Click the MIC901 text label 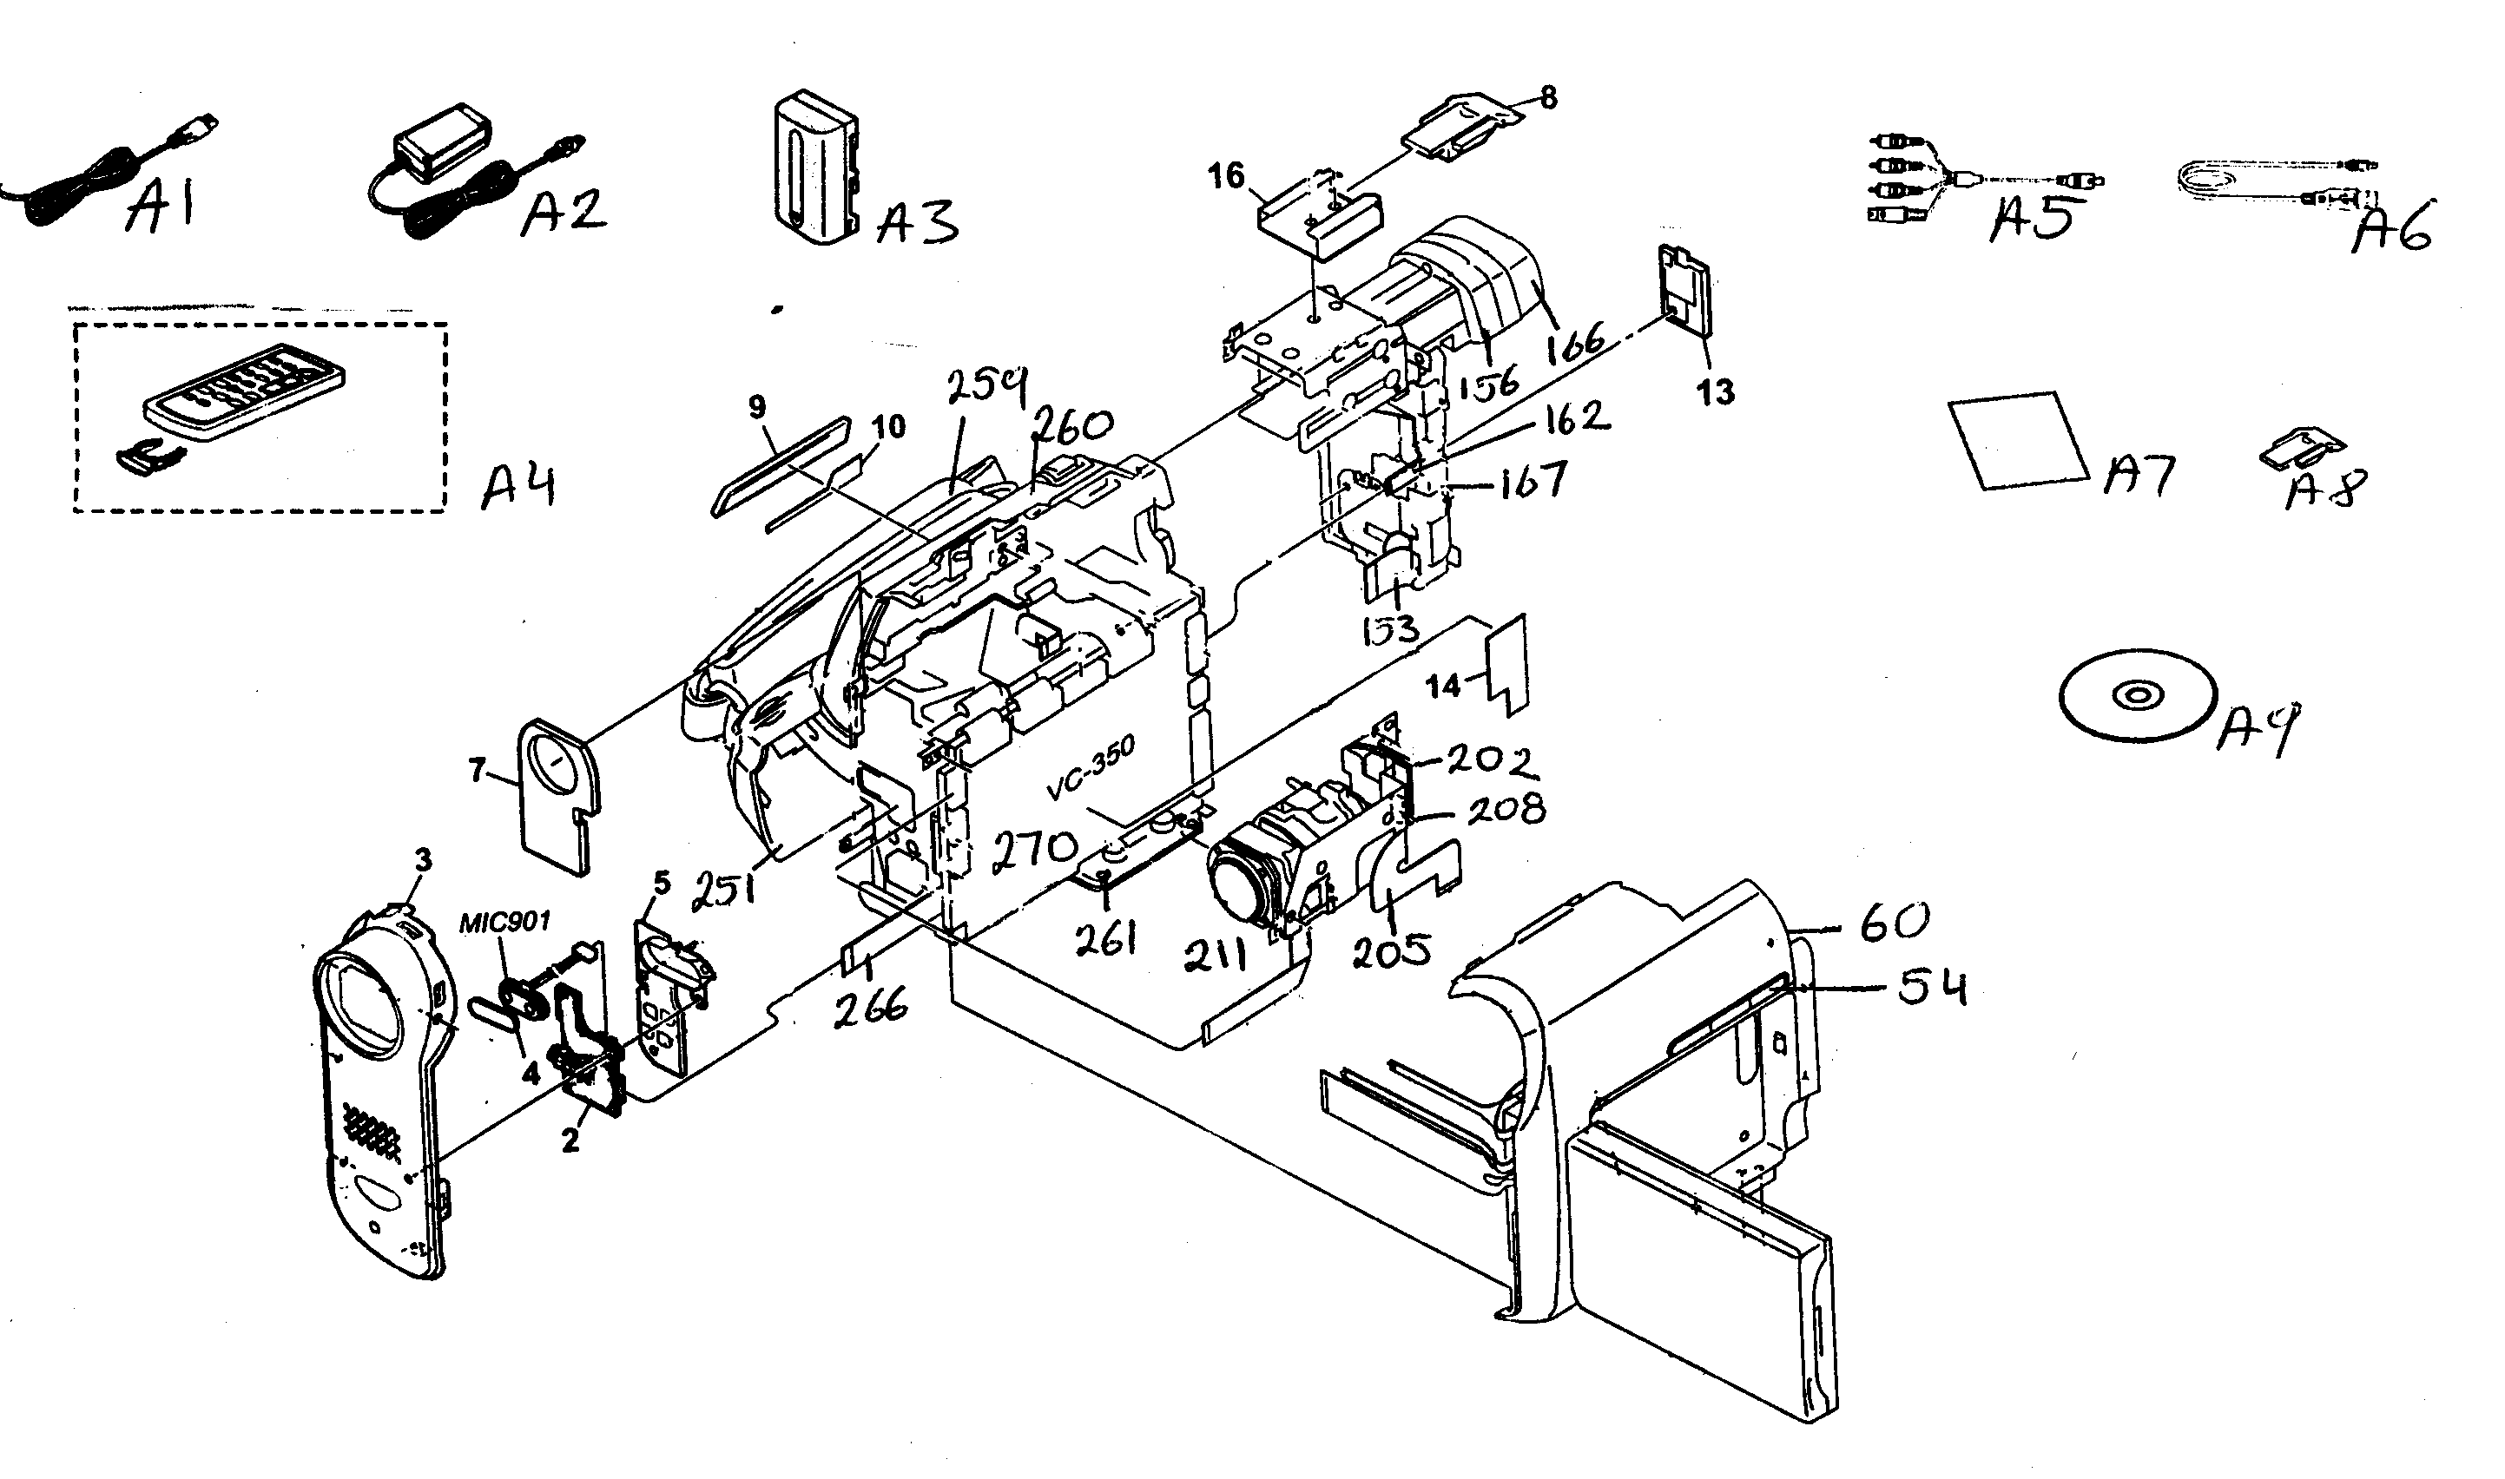point(504,922)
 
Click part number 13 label point(1716,391)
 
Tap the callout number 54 point(1932,988)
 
